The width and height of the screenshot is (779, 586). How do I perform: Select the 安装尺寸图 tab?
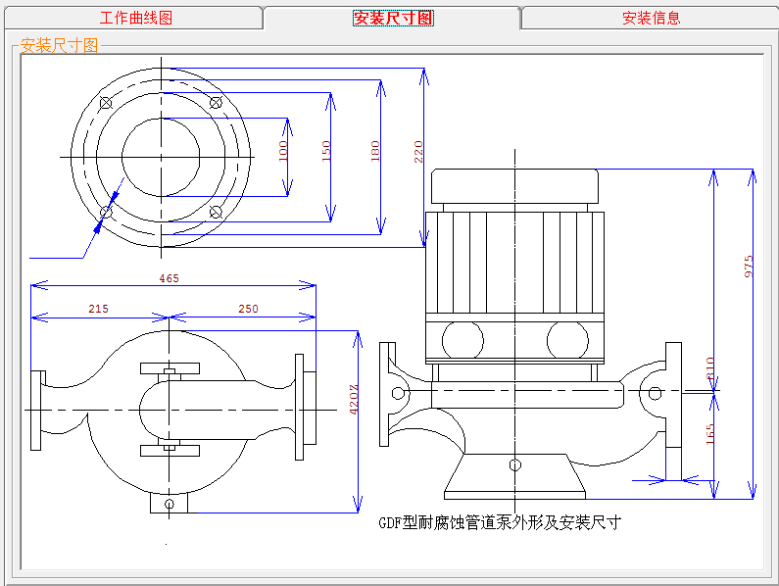click(x=393, y=18)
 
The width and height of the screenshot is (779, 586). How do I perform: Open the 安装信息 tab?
click(x=651, y=18)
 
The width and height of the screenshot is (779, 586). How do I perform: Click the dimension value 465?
click(x=169, y=278)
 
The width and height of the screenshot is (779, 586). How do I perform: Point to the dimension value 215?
click(x=98, y=309)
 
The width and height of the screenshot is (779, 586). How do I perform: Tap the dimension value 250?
click(x=249, y=309)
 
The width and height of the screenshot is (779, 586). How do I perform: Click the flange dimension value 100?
click(x=282, y=151)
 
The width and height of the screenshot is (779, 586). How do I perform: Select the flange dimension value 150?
click(x=326, y=151)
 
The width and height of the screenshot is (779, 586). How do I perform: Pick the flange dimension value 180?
click(x=375, y=151)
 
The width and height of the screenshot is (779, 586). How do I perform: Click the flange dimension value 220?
click(x=418, y=151)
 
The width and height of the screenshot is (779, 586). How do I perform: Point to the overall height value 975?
click(x=749, y=267)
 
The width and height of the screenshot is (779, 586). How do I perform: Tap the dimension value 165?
click(x=710, y=434)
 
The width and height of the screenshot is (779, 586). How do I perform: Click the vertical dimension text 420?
click(x=353, y=400)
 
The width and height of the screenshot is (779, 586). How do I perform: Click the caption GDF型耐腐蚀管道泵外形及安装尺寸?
click(x=500, y=523)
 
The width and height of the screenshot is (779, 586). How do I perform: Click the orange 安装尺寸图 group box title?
click(x=59, y=46)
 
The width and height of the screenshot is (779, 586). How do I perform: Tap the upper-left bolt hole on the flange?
click(x=106, y=103)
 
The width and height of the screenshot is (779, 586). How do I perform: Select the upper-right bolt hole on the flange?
click(x=216, y=103)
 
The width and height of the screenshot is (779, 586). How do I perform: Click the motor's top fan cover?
click(x=514, y=186)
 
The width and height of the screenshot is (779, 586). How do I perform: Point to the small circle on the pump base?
click(x=515, y=465)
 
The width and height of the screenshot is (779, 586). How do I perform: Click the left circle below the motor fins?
click(x=463, y=340)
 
